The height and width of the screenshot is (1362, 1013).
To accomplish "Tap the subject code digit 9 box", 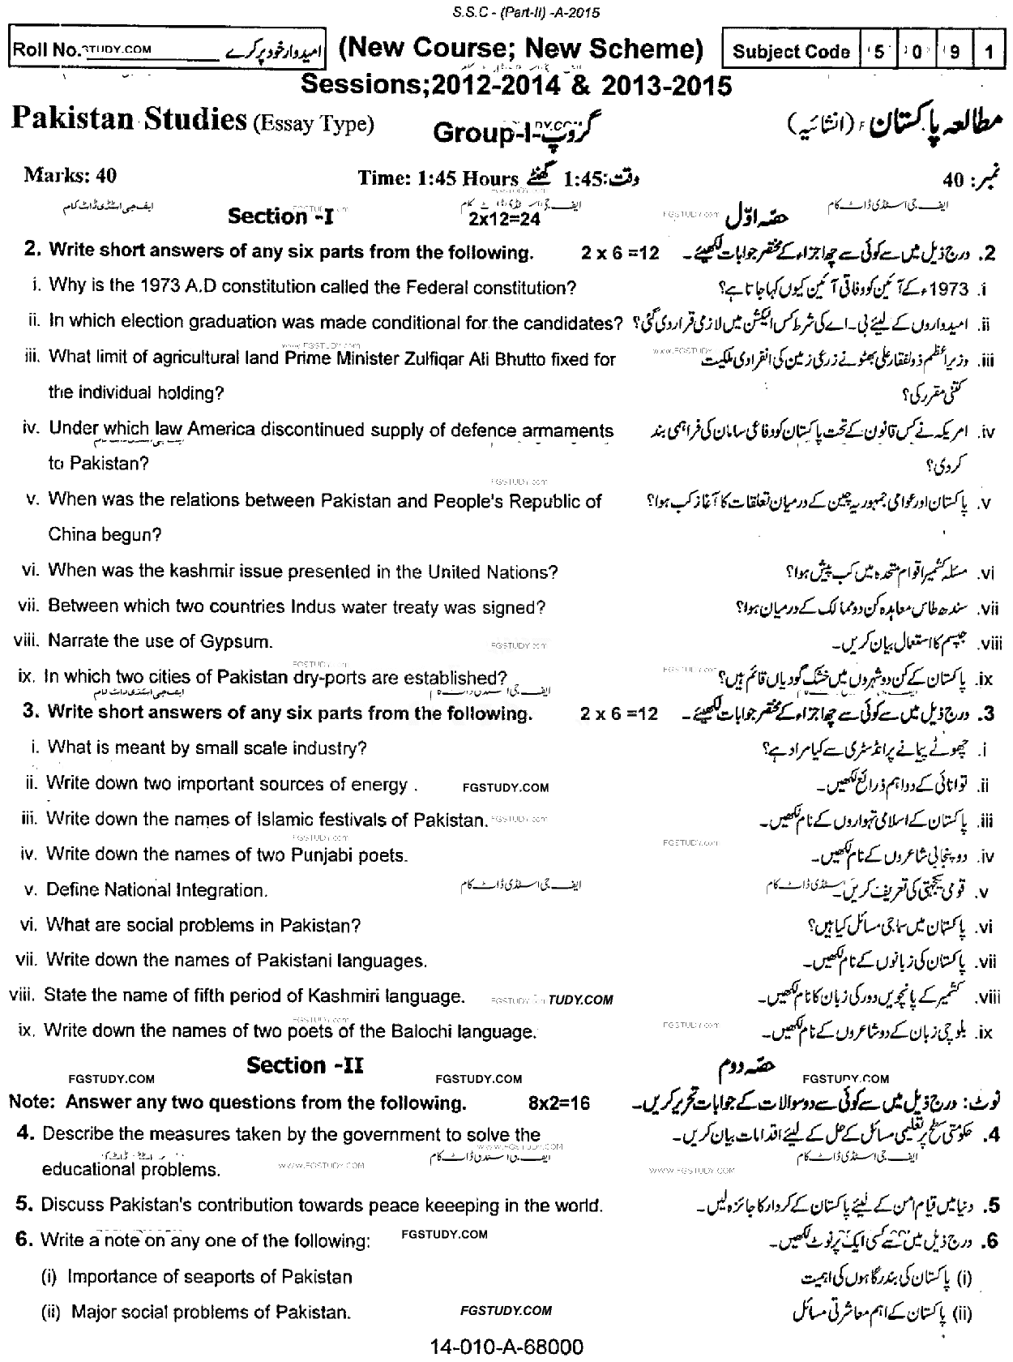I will pyautogui.click(x=956, y=51).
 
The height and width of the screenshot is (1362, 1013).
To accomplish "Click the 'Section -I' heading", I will pyautogui.click(x=280, y=216).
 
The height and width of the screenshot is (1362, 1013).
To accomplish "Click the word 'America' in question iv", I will pyautogui.click(x=221, y=430).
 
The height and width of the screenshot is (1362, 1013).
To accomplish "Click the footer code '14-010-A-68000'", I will pyautogui.click(x=506, y=1347).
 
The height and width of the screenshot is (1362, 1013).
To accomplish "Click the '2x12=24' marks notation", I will pyautogui.click(x=504, y=219).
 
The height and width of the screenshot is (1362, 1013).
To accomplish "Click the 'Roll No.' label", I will pyautogui.click(x=45, y=49).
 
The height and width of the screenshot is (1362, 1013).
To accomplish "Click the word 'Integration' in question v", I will pyautogui.click(x=221, y=889).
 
